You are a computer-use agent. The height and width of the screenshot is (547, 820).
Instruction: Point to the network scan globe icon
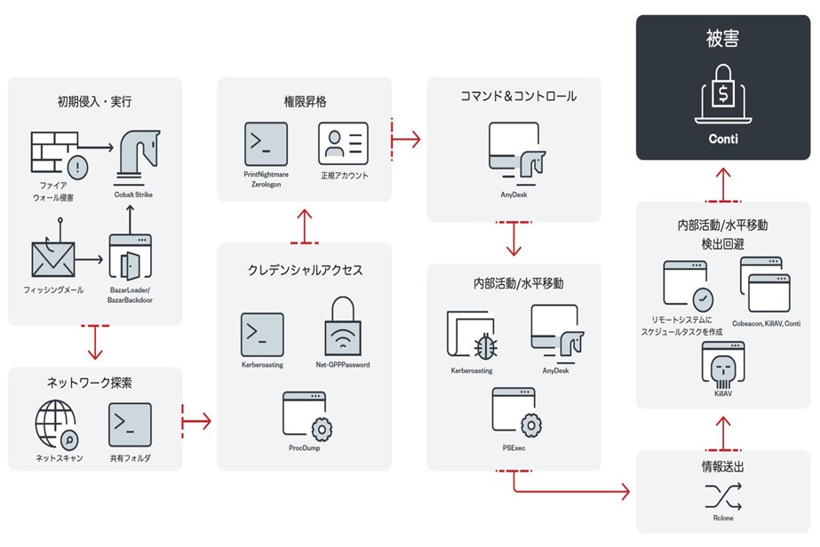point(56,424)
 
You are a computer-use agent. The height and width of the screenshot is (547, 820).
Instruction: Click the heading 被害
point(723,39)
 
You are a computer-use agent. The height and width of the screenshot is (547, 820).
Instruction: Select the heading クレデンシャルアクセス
point(304,270)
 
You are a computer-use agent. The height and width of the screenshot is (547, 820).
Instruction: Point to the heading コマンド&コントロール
point(513,96)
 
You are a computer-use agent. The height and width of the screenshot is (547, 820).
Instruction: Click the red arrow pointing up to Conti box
point(724,181)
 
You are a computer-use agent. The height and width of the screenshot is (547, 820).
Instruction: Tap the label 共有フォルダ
point(131,458)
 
